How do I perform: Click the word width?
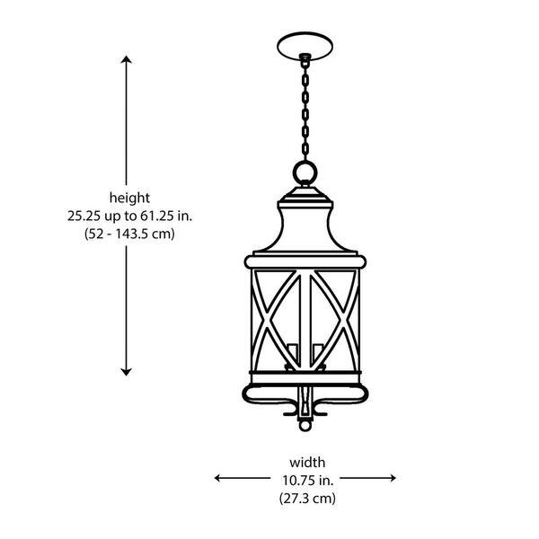point(307,461)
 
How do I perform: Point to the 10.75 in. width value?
point(307,479)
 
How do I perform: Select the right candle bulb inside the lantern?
point(318,352)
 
